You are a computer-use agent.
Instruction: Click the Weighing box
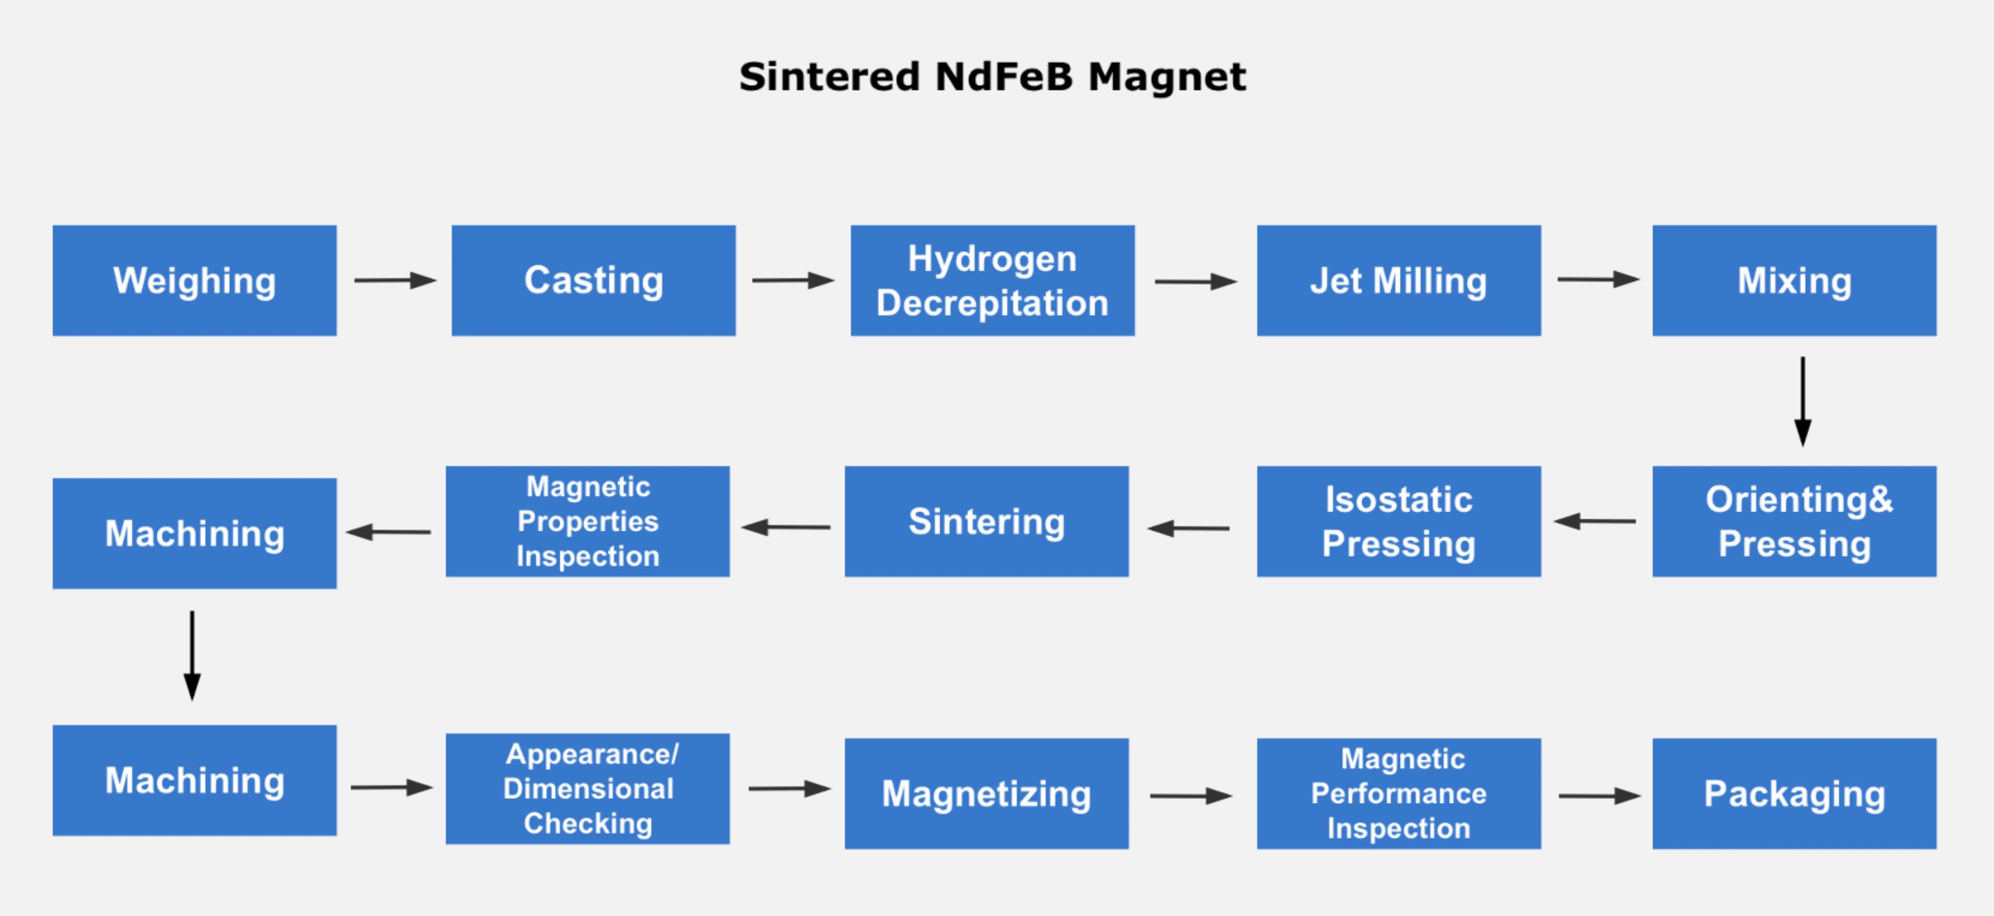click(194, 280)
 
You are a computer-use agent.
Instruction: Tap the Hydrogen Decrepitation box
click(992, 280)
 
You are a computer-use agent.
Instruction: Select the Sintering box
click(986, 521)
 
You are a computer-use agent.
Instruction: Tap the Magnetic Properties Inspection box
click(588, 521)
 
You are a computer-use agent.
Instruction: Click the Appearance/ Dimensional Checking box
click(588, 788)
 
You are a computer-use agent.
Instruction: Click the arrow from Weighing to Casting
click(395, 280)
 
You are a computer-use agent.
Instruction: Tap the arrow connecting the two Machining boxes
click(192, 655)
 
